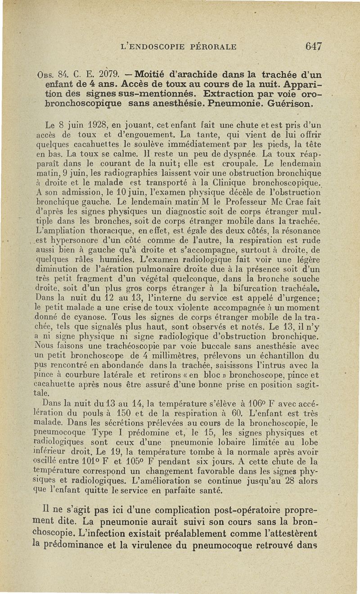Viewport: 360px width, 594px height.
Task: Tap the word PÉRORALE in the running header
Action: pyautogui.click(x=211, y=46)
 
